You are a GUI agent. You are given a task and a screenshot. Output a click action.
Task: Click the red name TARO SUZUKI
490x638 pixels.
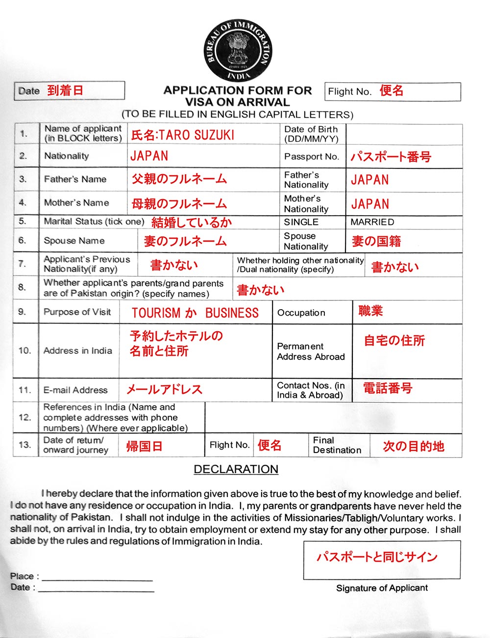(x=196, y=135)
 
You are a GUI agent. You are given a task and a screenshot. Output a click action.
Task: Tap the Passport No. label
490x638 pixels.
(x=311, y=157)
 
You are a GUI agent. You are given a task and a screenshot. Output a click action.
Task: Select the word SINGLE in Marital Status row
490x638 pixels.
(x=301, y=222)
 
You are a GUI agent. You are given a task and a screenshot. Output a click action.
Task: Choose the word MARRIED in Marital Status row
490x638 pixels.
(x=372, y=222)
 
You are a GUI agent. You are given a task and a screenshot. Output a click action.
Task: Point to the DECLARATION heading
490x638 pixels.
(x=236, y=469)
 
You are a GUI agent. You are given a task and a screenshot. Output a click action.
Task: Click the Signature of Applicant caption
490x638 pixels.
(x=382, y=588)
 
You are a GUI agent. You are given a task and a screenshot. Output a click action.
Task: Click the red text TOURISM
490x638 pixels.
(x=156, y=313)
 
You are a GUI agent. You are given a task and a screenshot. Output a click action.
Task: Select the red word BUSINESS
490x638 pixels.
(x=232, y=313)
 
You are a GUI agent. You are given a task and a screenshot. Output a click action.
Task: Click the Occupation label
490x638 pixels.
(x=301, y=313)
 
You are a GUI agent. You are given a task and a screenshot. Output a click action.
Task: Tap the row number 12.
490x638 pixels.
(x=24, y=417)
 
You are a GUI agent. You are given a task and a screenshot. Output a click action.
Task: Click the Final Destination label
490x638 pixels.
(x=337, y=445)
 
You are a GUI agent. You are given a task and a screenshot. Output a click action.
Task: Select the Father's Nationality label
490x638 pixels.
(x=306, y=180)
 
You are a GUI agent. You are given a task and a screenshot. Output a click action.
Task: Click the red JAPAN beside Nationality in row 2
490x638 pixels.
(x=149, y=156)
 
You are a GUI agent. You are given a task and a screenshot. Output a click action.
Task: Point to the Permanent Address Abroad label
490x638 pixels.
(x=311, y=351)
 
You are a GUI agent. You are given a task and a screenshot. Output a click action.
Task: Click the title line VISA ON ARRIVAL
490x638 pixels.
(x=237, y=102)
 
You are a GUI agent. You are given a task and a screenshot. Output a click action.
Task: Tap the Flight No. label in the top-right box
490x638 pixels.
(x=349, y=91)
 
